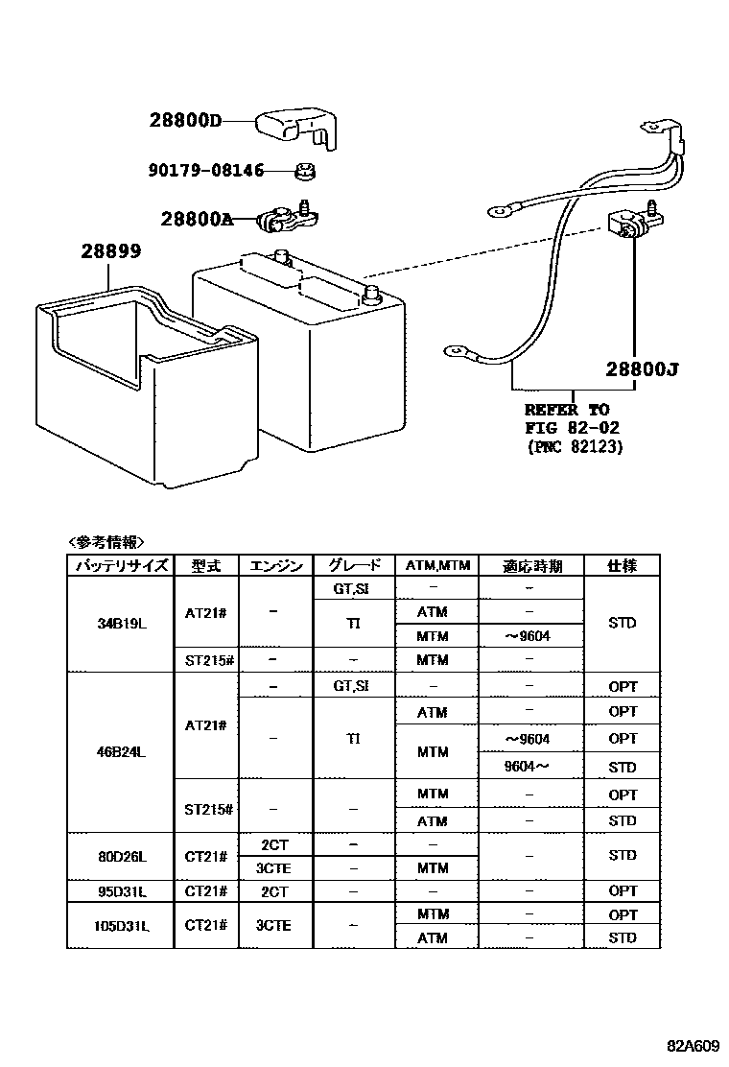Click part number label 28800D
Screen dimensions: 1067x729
pyautogui.click(x=185, y=121)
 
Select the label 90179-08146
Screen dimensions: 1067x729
pyautogui.click(x=206, y=171)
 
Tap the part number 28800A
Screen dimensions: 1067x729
pyautogui.click(x=197, y=219)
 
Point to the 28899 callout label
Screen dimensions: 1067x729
pyautogui.click(x=110, y=253)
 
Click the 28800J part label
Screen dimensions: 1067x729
pyautogui.click(x=642, y=369)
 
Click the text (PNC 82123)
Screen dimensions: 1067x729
pyautogui.click(x=575, y=447)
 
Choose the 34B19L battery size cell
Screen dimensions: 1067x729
pyautogui.click(x=120, y=623)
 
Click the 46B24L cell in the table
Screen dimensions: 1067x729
pyautogui.click(x=120, y=752)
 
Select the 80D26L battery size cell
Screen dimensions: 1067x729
pyautogui.click(x=120, y=856)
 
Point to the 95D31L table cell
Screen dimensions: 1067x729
pyautogui.click(x=120, y=891)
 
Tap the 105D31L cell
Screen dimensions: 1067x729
pyautogui.click(x=120, y=926)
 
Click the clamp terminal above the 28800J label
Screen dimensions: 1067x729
pyautogui.click(x=628, y=227)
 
